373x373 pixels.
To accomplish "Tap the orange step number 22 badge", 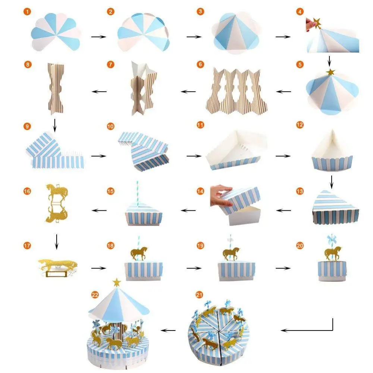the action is [x=95, y=295].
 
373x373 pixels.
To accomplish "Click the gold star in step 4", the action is [x=318, y=23].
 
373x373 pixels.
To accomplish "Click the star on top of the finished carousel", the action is [x=117, y=283].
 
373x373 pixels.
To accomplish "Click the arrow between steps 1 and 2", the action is [x=98, y=37].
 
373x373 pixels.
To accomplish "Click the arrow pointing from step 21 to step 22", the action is [x=170, y=330].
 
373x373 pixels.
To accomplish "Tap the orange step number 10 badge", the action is [x=110, y=127].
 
